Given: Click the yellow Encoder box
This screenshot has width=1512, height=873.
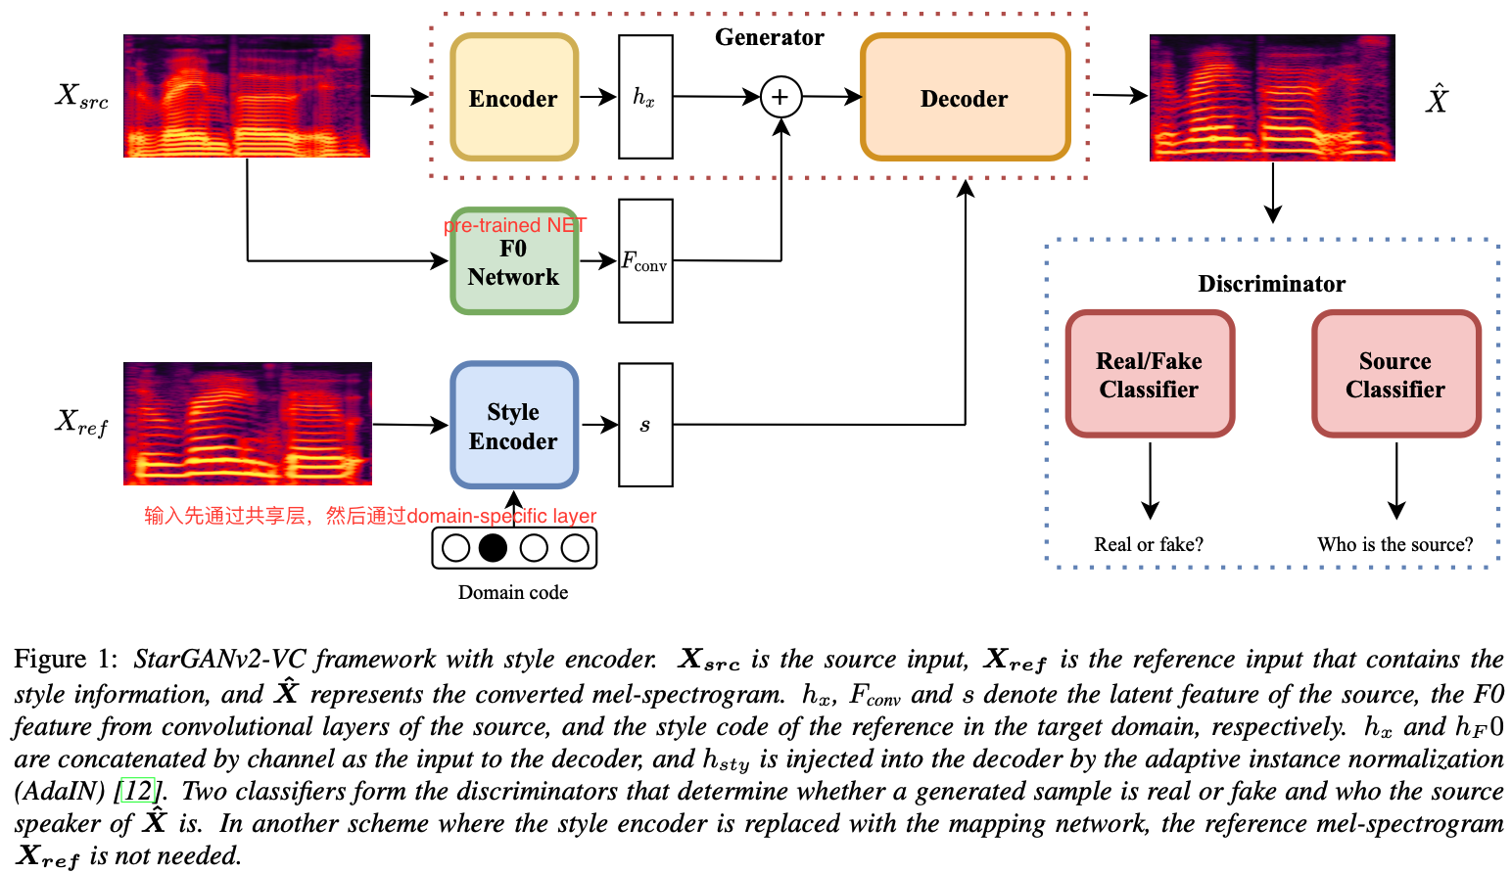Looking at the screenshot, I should tap(513, 98).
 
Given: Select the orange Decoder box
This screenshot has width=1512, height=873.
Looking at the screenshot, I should tap(965, 98).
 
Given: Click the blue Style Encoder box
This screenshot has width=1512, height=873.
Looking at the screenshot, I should tap(513, 426).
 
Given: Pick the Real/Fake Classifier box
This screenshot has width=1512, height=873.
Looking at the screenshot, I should tap(1149, 375).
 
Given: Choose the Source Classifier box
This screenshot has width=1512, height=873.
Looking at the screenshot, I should tap(1395, 375).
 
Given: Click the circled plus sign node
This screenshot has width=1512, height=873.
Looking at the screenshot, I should tap(780, 97).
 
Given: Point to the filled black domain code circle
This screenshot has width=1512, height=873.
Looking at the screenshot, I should tap(493, 547).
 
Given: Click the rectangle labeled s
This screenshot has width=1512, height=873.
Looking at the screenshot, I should tap(645, 425).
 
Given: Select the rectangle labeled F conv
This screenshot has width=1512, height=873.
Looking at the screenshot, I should tap(645, 261).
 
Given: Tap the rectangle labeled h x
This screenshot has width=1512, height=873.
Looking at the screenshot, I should tap(645, 97).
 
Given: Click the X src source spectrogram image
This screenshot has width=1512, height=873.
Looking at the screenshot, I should tap(247, 96).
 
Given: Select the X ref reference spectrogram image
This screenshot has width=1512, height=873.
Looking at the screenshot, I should tap(247, 423).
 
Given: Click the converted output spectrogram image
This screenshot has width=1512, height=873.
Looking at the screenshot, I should tap(1271, 98).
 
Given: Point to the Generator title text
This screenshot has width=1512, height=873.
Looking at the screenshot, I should tap(769, 37).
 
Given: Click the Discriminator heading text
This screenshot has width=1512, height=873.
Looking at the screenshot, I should tap(1271, 284).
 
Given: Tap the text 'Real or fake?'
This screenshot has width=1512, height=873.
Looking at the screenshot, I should tap(1149, 544).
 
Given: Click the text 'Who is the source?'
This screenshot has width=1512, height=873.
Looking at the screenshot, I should tap(1394, 544).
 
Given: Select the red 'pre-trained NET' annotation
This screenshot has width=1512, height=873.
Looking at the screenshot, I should tap(515, 225).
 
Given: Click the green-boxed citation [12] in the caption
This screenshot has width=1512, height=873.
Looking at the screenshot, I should tap(138, 791).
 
